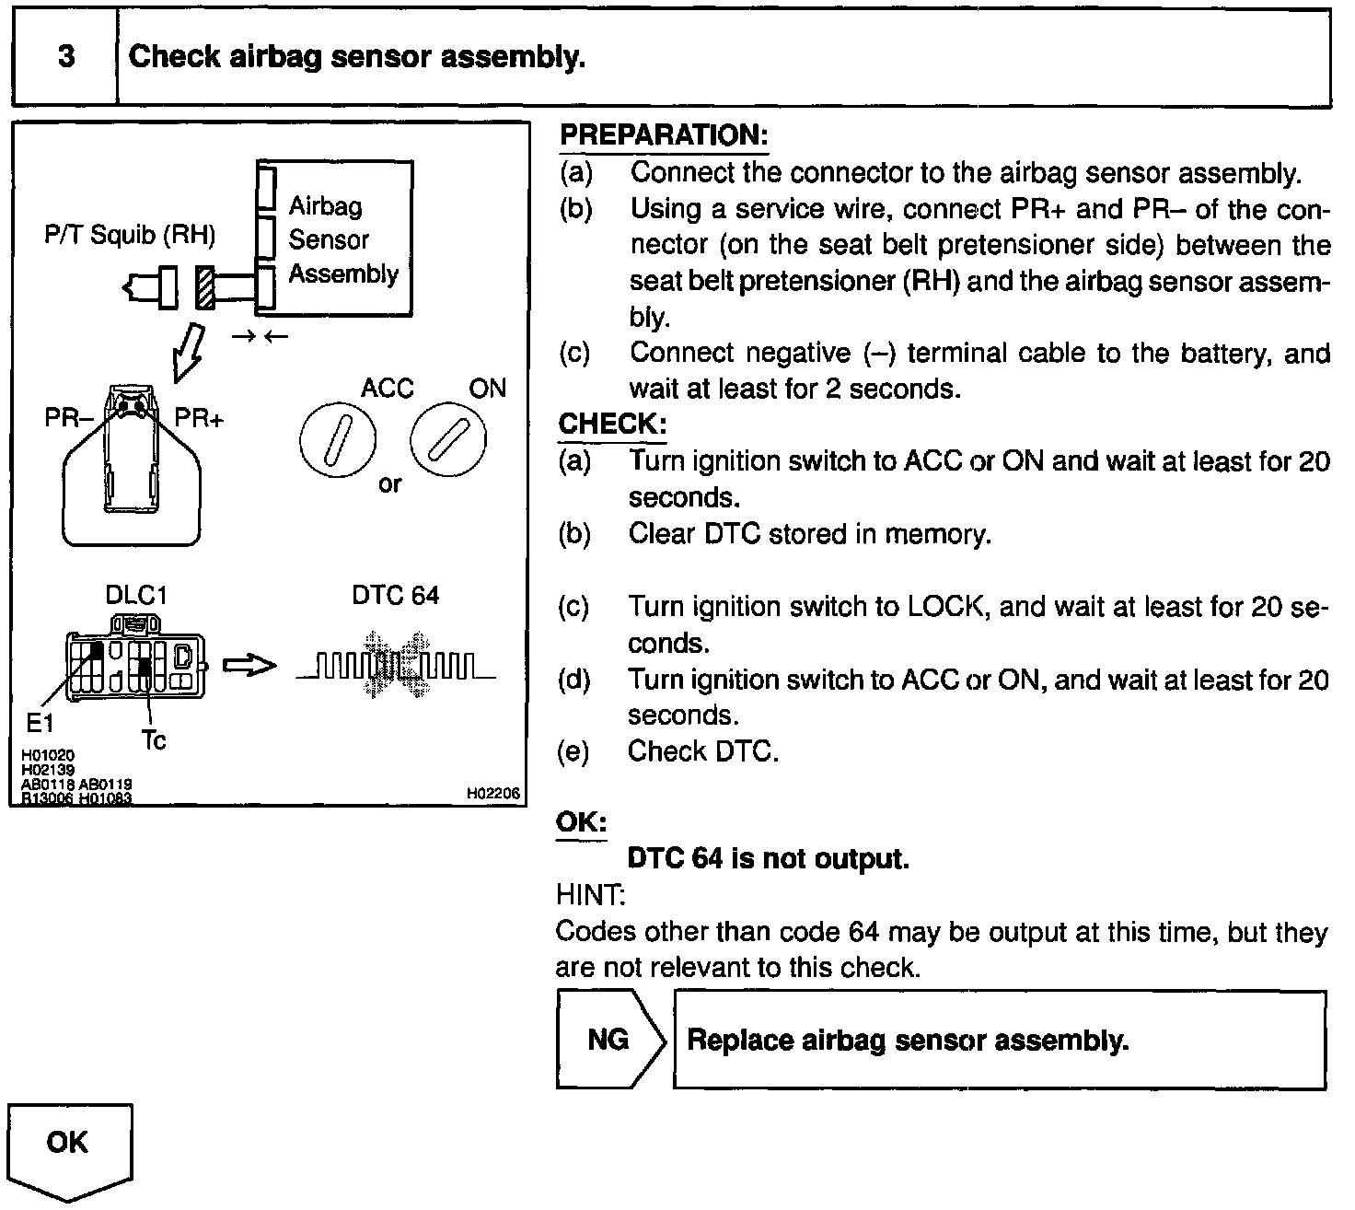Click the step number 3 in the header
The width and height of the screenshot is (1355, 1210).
(66, 57)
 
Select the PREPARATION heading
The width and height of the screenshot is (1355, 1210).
(663, 135)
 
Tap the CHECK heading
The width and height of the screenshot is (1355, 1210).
(611, 425)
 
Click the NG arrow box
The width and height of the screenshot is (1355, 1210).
(609, 1040)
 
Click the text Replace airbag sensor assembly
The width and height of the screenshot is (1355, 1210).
(908, 1041)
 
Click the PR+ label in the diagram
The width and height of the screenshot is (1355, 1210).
(200, 419)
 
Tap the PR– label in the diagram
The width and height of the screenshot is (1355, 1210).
(69, 419)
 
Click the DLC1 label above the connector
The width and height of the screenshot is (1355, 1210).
(136, 596)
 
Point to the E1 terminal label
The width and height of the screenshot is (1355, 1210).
(41, 724)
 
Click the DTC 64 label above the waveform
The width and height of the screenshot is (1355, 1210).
(395, 596)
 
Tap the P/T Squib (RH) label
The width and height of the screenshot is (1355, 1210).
(130, 236)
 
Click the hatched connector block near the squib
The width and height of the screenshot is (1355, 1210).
(204, 287)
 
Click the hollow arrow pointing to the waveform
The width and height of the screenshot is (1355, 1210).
(249, 664)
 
